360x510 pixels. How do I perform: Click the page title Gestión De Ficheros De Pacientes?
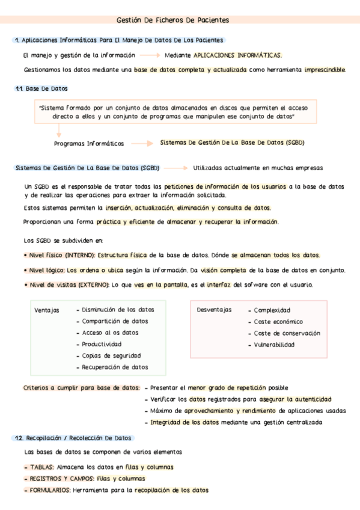[180, 20]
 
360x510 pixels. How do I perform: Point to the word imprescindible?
[325, 70]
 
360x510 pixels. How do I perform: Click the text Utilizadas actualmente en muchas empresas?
[258, 168]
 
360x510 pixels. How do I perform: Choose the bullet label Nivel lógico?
[44, 269]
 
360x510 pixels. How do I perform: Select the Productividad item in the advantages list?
[102, 344]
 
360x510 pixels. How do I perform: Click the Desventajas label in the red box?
[214, 310]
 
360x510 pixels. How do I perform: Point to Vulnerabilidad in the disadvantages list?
[274, 345]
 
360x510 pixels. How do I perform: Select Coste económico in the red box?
[278, 322]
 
